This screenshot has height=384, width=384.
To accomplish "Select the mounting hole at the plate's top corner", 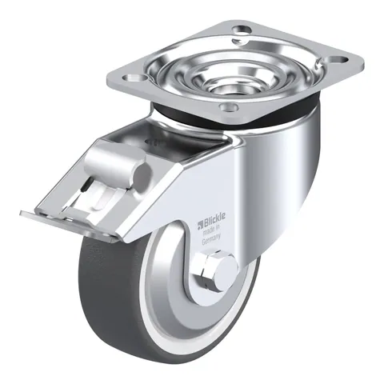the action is [x=242, y=30].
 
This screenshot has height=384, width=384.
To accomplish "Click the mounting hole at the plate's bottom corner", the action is [x=229, y=108].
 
